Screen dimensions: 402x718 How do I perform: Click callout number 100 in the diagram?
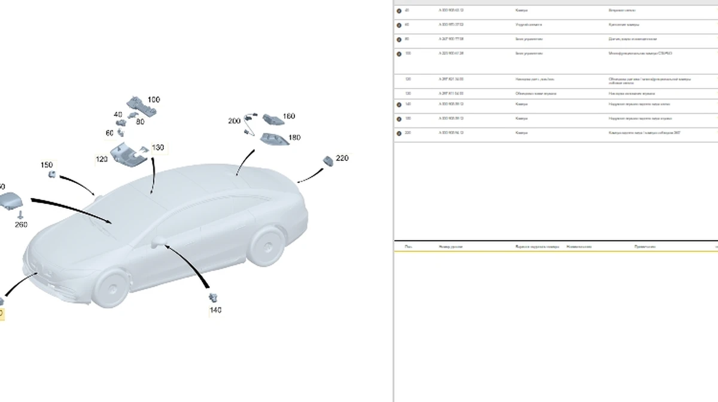coord(154,100)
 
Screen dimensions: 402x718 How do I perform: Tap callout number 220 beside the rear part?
coord(342,158)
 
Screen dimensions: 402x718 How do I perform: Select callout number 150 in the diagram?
coord(46,165)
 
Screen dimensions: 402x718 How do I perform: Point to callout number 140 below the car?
coord(215,310)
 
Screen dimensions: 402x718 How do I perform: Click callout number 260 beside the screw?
coord(21,224)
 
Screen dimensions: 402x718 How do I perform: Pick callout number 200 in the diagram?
coord(234,121)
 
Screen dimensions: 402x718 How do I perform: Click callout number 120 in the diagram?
coord(101,159)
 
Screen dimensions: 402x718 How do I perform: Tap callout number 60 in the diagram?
coord(109,133)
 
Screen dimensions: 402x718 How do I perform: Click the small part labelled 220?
coord(327,160)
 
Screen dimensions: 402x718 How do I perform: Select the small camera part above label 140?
coord(212,297)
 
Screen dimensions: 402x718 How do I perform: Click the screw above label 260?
coord(21,214)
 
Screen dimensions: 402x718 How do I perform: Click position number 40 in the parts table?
coord(407,10)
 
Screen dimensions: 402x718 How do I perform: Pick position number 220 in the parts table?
coord(408,133)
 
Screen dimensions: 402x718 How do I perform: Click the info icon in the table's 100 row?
coord(399,53)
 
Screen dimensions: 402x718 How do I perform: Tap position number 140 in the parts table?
coord(408,104)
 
